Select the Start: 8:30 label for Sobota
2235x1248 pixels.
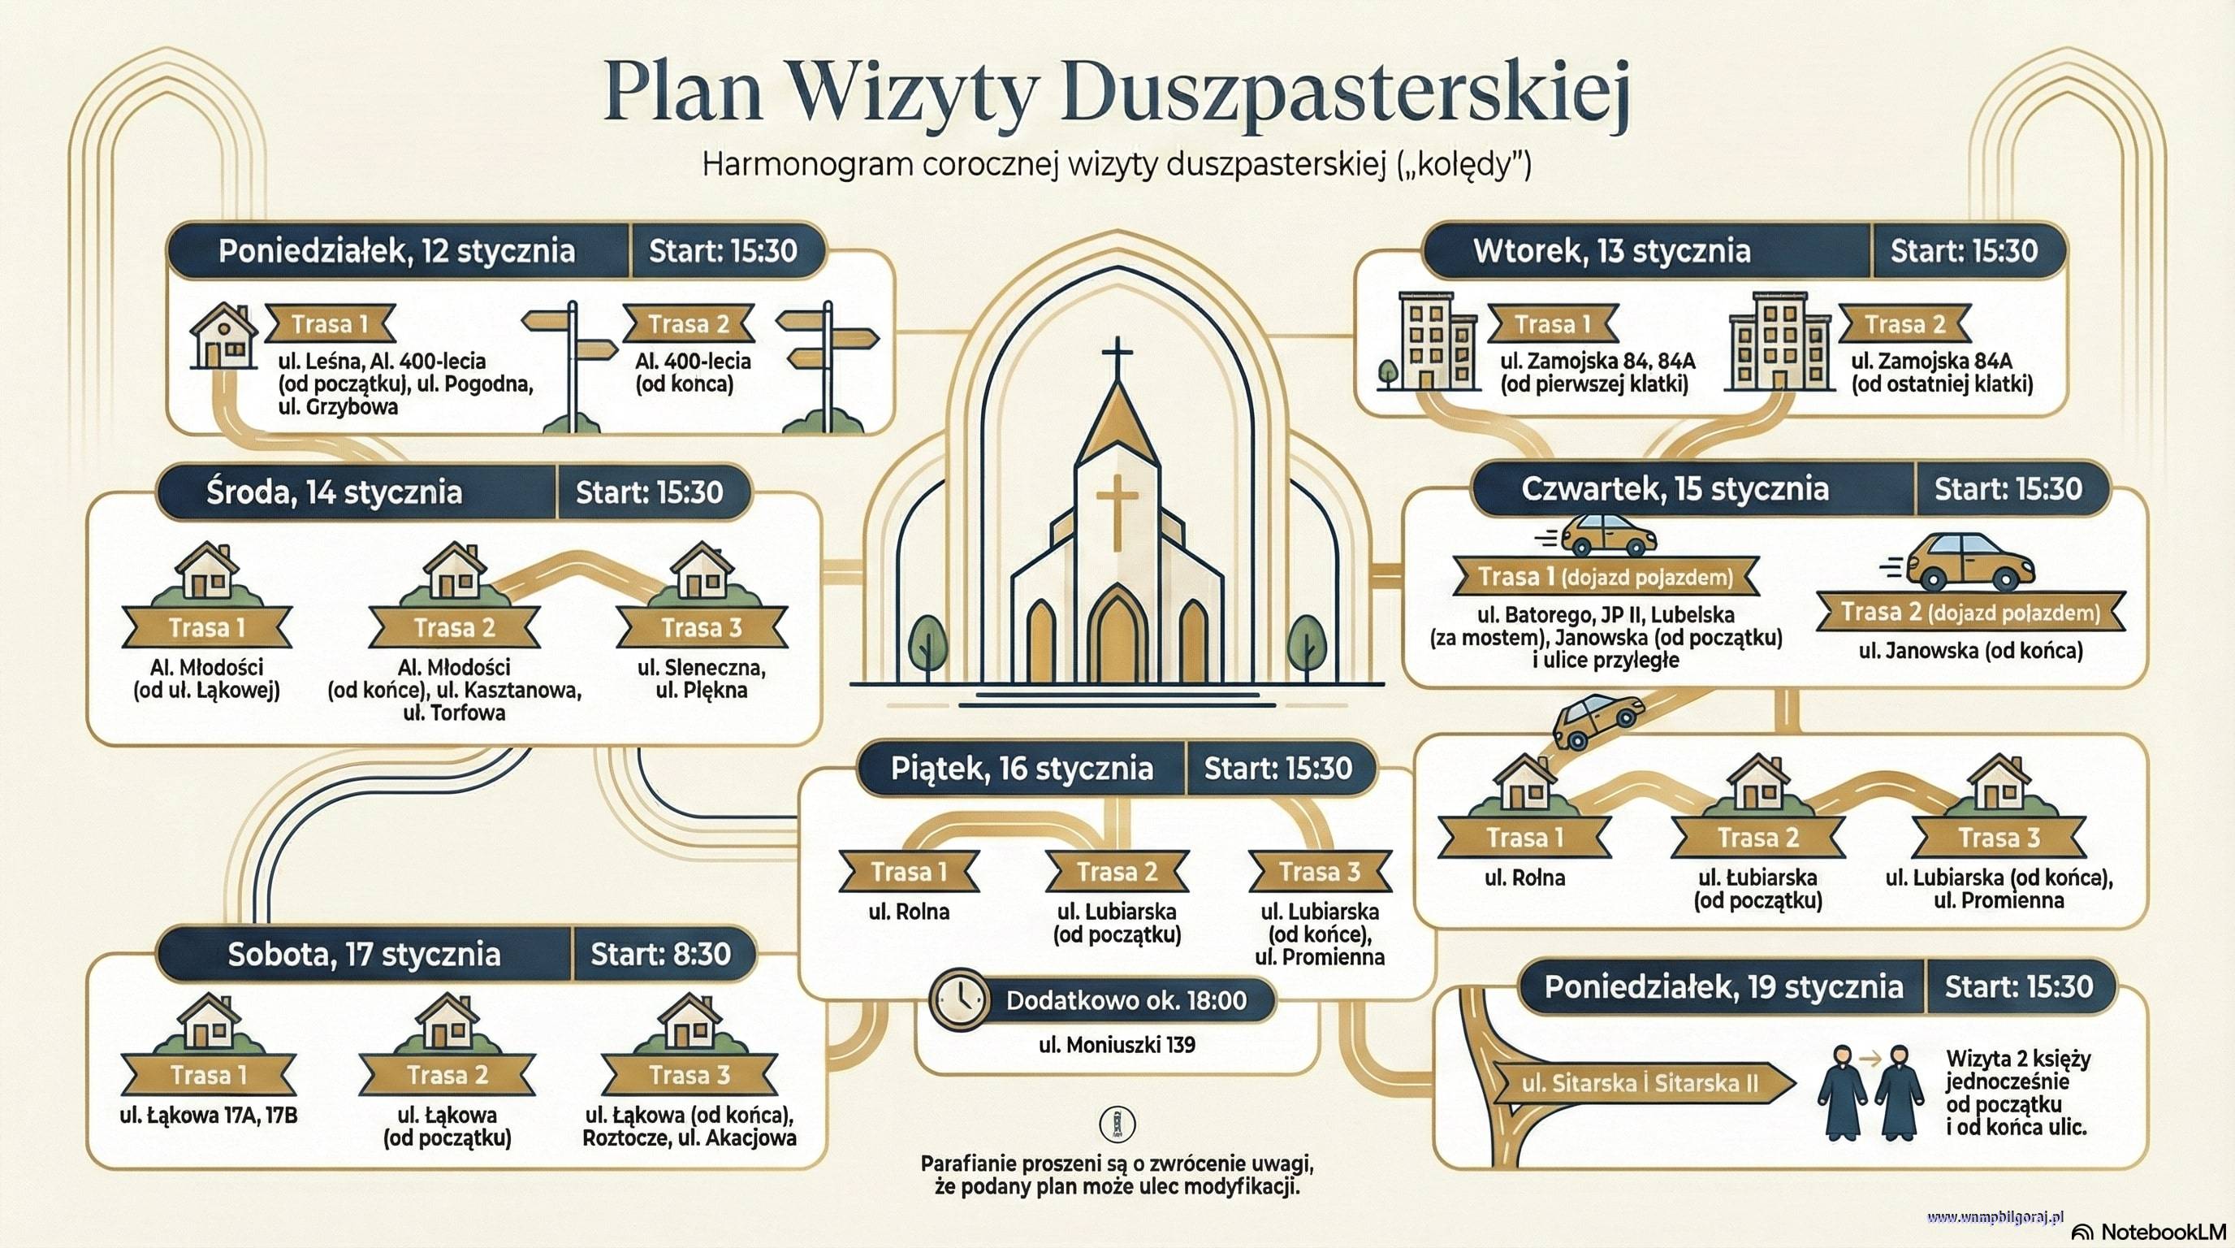pyautogui.click(x=661, y=954)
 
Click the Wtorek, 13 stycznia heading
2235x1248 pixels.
pyautogui.click(x=1611, y=251)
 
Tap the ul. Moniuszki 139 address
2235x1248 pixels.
pyautogui.click(x=1117, y=1044)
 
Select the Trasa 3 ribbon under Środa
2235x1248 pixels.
pyautogui.click(x=702, y=627)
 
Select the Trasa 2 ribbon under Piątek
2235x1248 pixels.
pyautogui.click(x=1117, y=870)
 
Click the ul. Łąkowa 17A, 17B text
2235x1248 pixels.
pyautogui.click(x=208, y=1115)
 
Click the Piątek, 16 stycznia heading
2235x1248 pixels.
pyautogui.click(x=1021, y=769)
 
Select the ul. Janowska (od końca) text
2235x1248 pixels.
pyautogui.click(x=1970, y=650)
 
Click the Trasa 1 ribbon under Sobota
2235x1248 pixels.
pyautogui.click(x=208, y=1074)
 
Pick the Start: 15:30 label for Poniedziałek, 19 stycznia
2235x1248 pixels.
pyautogui.click(x=2018, y=986)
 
